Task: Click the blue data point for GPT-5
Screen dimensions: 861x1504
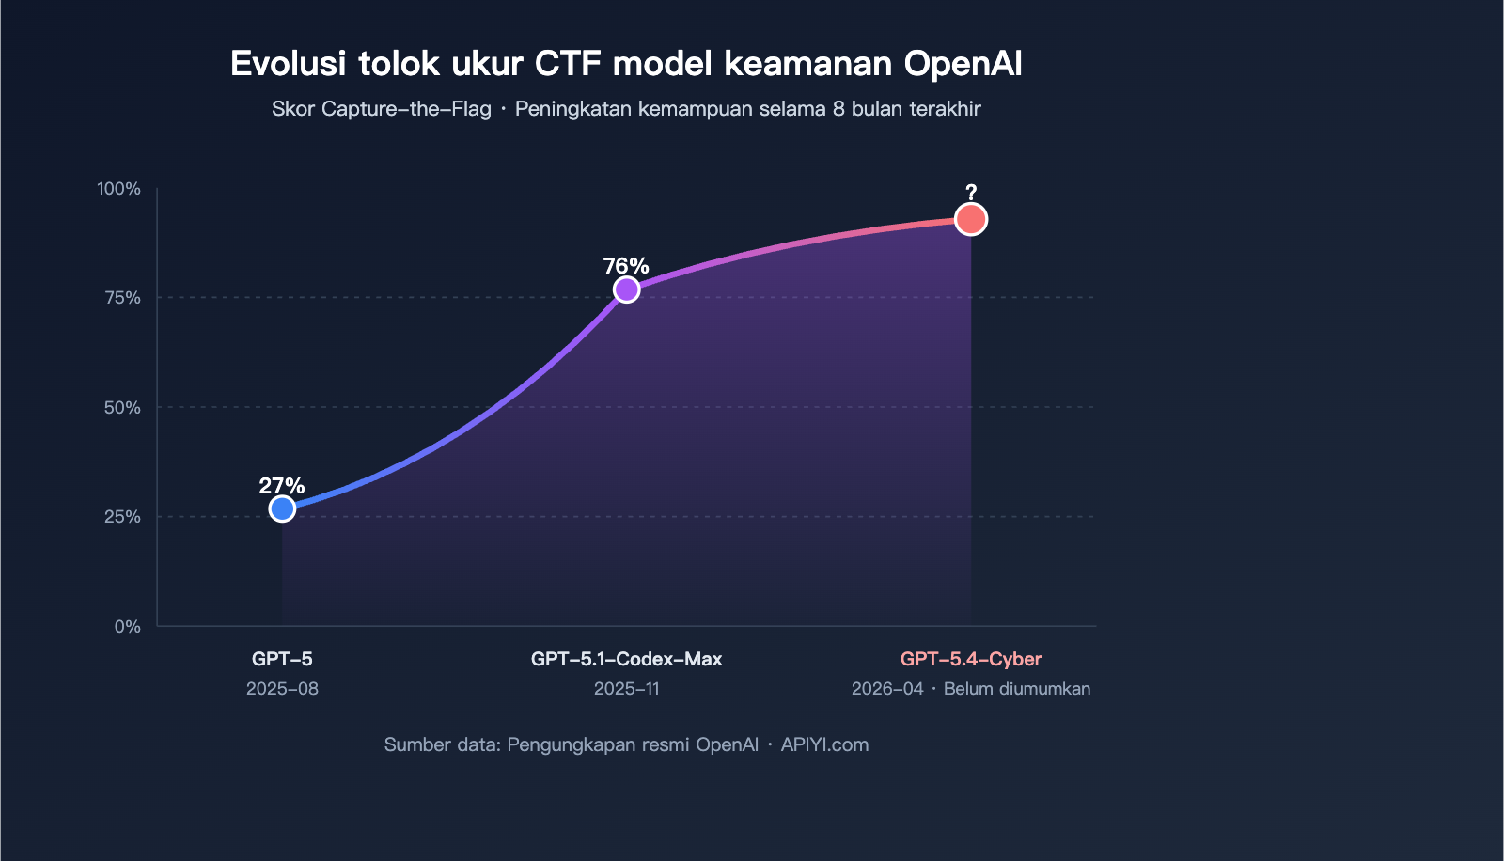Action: (282, 509)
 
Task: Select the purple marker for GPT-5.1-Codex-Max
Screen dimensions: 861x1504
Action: (626, 290)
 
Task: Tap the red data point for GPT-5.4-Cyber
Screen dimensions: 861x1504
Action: (971, 219)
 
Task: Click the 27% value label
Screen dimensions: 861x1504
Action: (282, 486)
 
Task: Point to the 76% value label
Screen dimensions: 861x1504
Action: (626, 266)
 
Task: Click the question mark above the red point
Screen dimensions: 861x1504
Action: (971, 193)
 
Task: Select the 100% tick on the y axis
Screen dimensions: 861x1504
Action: (119, 189)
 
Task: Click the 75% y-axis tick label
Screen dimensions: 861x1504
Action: (123, 298)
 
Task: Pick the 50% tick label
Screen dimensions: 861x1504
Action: (123, 408)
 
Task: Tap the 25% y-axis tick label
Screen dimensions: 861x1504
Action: (123, 517)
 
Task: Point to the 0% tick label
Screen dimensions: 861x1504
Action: (128, 627)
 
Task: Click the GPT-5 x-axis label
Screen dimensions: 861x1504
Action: (282, 659)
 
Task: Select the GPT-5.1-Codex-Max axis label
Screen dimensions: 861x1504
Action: (626, 659)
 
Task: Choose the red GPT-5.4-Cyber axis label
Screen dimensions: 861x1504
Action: (971, 659)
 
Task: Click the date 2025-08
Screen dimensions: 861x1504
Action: (282, 689)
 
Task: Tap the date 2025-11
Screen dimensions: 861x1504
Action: (626, 689)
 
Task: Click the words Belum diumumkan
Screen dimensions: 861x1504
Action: (1017, 689)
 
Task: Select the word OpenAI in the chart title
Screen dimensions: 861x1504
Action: (963, 64)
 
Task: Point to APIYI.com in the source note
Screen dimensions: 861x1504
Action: (824, 744)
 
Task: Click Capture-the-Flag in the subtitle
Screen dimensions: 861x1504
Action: (406, 109)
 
